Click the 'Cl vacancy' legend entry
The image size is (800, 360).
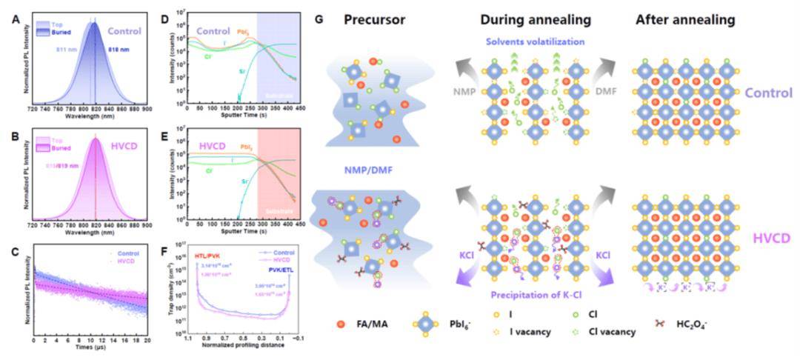tap(614, 332)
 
